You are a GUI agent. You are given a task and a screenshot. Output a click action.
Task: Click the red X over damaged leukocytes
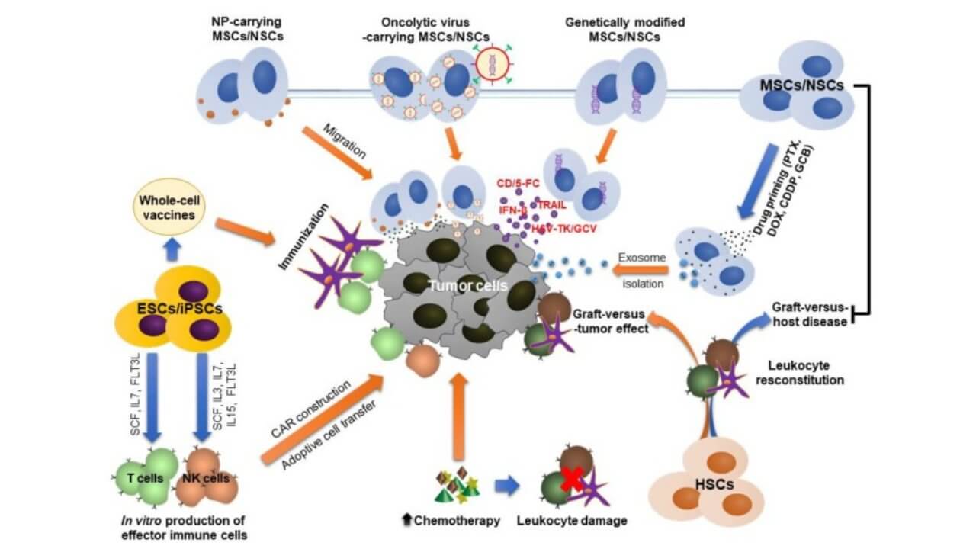[572, 480]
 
